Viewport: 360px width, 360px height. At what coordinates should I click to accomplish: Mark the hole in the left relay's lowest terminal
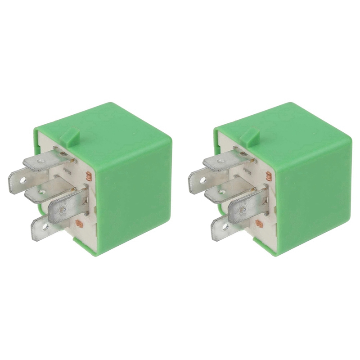(45, 227)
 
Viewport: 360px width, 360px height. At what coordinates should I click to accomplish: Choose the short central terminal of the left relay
(43, 191)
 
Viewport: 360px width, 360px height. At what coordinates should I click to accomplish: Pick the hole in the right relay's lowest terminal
(225, 227)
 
